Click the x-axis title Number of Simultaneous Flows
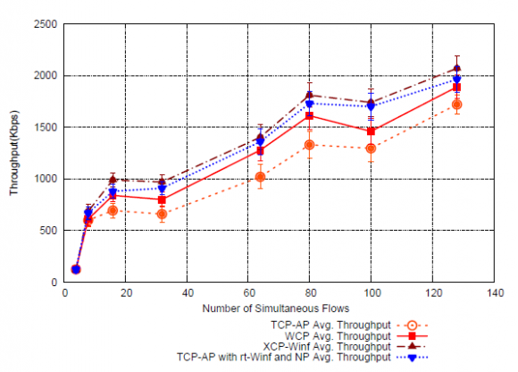click(275, 309)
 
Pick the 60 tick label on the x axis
click(247, 293)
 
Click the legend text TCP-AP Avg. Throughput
click(333, 324)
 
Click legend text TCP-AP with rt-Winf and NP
click(284, 356)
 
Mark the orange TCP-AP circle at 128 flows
click(457, 105)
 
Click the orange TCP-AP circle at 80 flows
click(309, 145)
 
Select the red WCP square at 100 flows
click(371, 131)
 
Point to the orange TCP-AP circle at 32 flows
click(162, 214)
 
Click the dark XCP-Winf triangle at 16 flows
click(113, 179)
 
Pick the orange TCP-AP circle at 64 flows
click(260, 177)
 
